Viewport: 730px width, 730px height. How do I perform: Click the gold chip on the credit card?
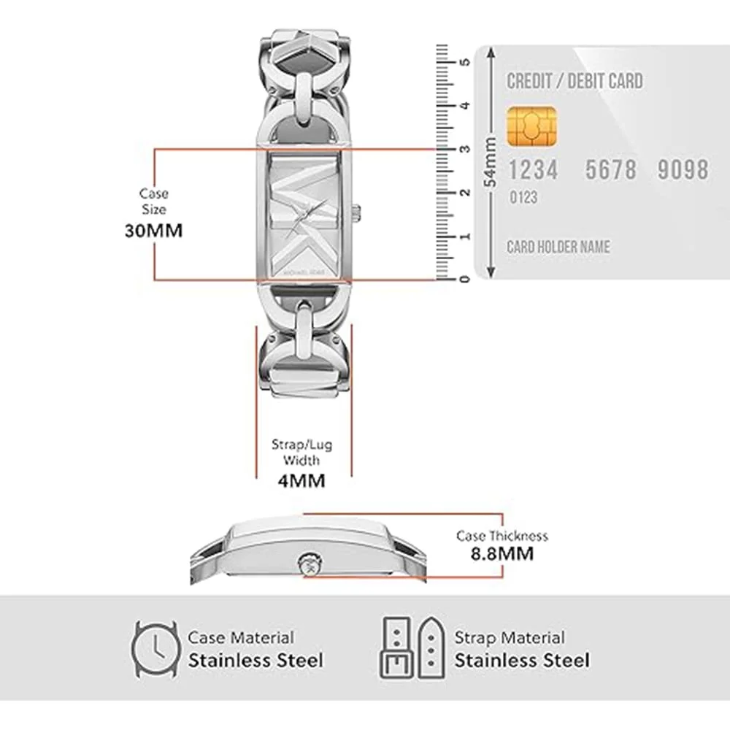point(531,126)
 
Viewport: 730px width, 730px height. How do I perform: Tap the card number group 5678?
point(611,169)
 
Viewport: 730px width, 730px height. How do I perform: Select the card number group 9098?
point(683,169)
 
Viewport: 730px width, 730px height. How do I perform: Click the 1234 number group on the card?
point(533,169)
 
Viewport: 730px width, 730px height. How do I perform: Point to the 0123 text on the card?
point(523,197)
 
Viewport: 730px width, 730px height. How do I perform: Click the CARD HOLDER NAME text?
point(558,247)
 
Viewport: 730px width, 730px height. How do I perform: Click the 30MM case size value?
point(153,231)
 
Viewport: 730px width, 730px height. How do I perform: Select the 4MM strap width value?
point(301,480)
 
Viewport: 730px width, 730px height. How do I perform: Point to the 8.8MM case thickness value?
point(502,554)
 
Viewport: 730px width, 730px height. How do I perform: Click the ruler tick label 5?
point(464,62)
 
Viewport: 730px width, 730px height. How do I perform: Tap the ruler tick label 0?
point(464,279)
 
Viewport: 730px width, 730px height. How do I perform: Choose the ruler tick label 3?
point(464,149)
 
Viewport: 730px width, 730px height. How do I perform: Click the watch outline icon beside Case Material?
point(155,649)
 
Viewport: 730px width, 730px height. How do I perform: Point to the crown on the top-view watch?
point(358,213)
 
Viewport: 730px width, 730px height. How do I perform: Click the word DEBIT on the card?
point(588,81)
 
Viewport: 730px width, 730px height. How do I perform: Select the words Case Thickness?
point(502,537)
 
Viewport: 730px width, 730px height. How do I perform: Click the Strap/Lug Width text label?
point(301,452)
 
